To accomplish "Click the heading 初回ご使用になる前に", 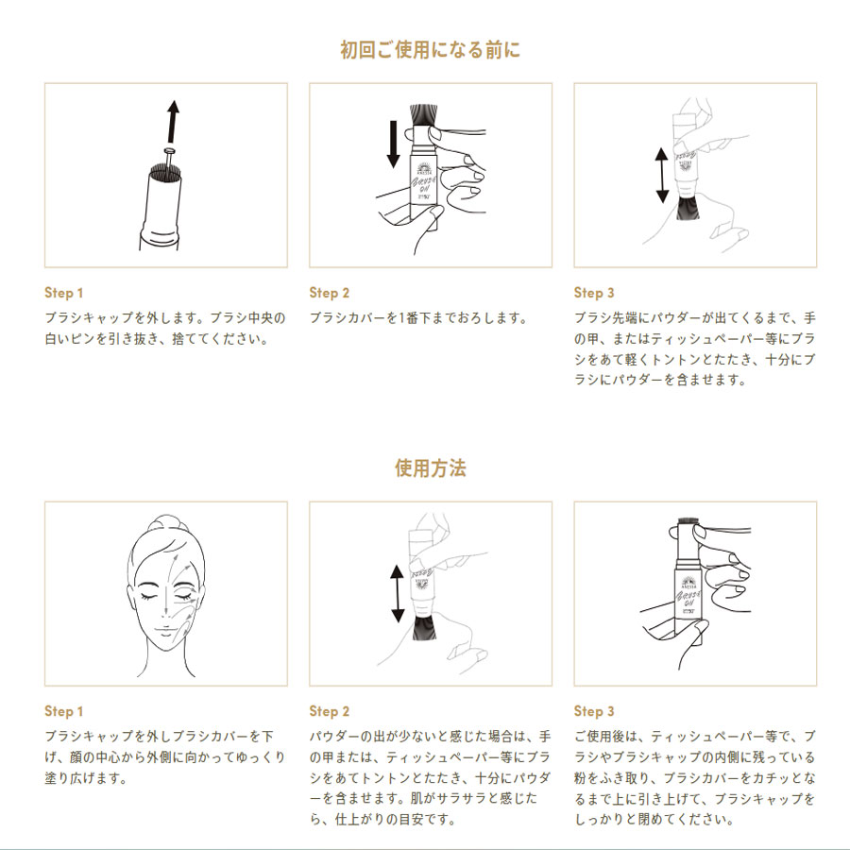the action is pos(430,49).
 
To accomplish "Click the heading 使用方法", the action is pos(430,467).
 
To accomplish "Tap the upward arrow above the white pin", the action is pos(173,122).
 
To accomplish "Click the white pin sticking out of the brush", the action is pos(169,157).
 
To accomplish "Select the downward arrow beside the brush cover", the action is pos(393,144).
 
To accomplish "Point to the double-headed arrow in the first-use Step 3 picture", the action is pos(661,176).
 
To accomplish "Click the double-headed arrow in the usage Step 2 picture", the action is pos(398,593).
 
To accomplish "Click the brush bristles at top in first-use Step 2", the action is pos(424,115).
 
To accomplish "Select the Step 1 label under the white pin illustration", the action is pos(63,293).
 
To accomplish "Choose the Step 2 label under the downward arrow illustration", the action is pos(329,293).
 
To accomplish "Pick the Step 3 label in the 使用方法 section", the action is pos(594,711).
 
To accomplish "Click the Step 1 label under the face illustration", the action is pos(63,711).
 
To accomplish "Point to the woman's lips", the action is pos(164,631).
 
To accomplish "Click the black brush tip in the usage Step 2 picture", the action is pos(424,627).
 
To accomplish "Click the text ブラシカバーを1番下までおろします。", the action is pos(418,318).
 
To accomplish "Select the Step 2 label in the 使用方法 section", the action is pos(329,711).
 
